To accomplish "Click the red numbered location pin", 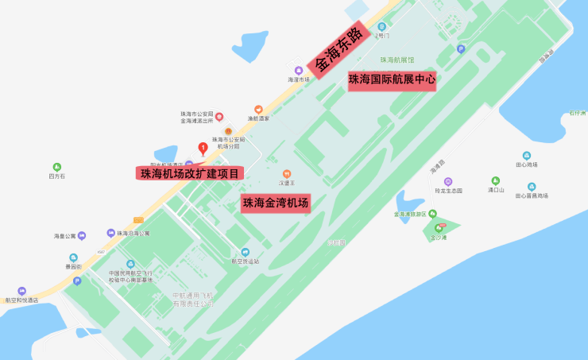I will [x=203, y=147].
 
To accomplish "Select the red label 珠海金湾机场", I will [x=276, y=203].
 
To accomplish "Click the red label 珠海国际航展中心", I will [x=392, y=79].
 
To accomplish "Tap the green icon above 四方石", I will [x=56, y=166].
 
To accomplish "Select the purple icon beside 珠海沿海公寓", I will [x=110, y=233].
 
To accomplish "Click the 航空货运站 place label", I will [x=245, y=260].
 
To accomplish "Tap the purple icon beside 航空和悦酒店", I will [x=21, y=292].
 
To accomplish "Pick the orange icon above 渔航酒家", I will [x=258, y=110].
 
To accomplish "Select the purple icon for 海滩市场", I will [x=299, y=70].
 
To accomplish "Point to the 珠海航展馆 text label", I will [x=397, y=60].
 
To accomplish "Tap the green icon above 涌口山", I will [x=496, y=180].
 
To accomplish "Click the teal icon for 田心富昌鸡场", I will [x=532, y=187].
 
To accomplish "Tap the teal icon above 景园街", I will [x=74, y=257].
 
